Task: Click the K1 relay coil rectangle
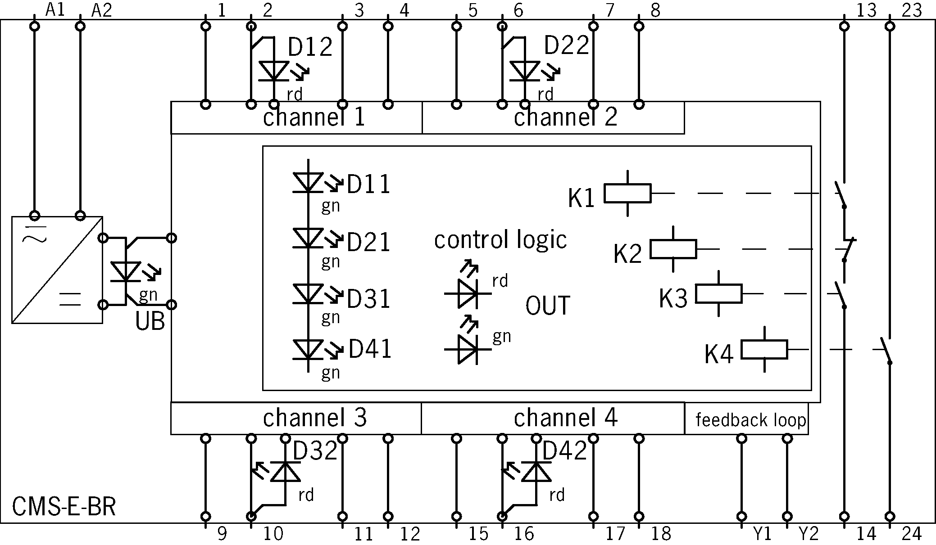coord(627,193)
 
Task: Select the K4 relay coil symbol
coord(764,349)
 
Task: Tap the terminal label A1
coord(55,10)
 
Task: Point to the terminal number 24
coord(911,534)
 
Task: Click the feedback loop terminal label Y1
coord(762,534)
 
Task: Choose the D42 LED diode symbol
coord(536,472)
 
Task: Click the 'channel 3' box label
coord(314,418)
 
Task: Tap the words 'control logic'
coord(500,239)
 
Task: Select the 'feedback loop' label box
coord(750,419)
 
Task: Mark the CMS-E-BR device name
coord(64,506)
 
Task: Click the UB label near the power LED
coord(150,321)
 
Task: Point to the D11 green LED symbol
coord(308,183)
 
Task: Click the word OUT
coord(547,306)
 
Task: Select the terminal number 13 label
coord(866,10)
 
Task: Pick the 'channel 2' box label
coord(565,117)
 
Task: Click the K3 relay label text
coord(673,298)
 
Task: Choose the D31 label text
coord(368,299)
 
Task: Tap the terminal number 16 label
coord(524,534)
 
